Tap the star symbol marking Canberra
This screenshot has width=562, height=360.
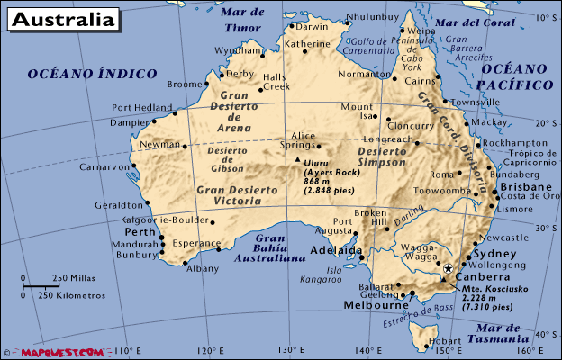(x=448, y=268)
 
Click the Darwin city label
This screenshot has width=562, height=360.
(x=313, y=26)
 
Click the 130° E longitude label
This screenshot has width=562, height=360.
(x=289, y=351)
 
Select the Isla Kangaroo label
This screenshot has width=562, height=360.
(x=346, y=274)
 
